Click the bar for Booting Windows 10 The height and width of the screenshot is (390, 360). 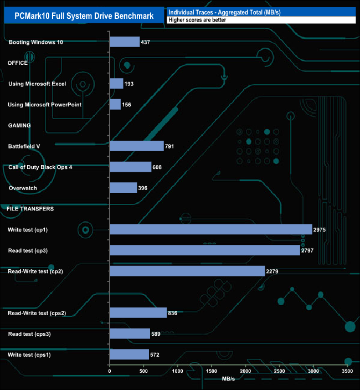pos(125,42)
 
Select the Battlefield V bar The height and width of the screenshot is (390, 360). pos(137,146)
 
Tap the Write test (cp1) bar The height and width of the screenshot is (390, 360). pos(210,229)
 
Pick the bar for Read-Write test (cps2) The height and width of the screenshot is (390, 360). pos(138,313)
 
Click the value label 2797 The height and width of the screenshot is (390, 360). pos(310,250)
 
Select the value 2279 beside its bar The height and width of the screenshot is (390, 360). pos(275,271)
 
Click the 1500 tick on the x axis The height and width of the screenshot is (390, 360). pos(212,371)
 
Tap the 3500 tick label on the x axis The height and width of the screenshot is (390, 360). pos(348,371)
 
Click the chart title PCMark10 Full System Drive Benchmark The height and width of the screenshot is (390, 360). pos(84,16)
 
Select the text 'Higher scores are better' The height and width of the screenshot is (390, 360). pos(198,20)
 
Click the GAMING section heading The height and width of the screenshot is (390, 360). pos(19,125)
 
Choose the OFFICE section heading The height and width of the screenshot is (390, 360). pos(18,63)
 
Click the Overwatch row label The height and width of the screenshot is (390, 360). pos(24,188)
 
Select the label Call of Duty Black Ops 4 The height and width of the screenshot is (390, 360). pos(40,167)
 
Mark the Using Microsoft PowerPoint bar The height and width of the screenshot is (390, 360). pos(115,105)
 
